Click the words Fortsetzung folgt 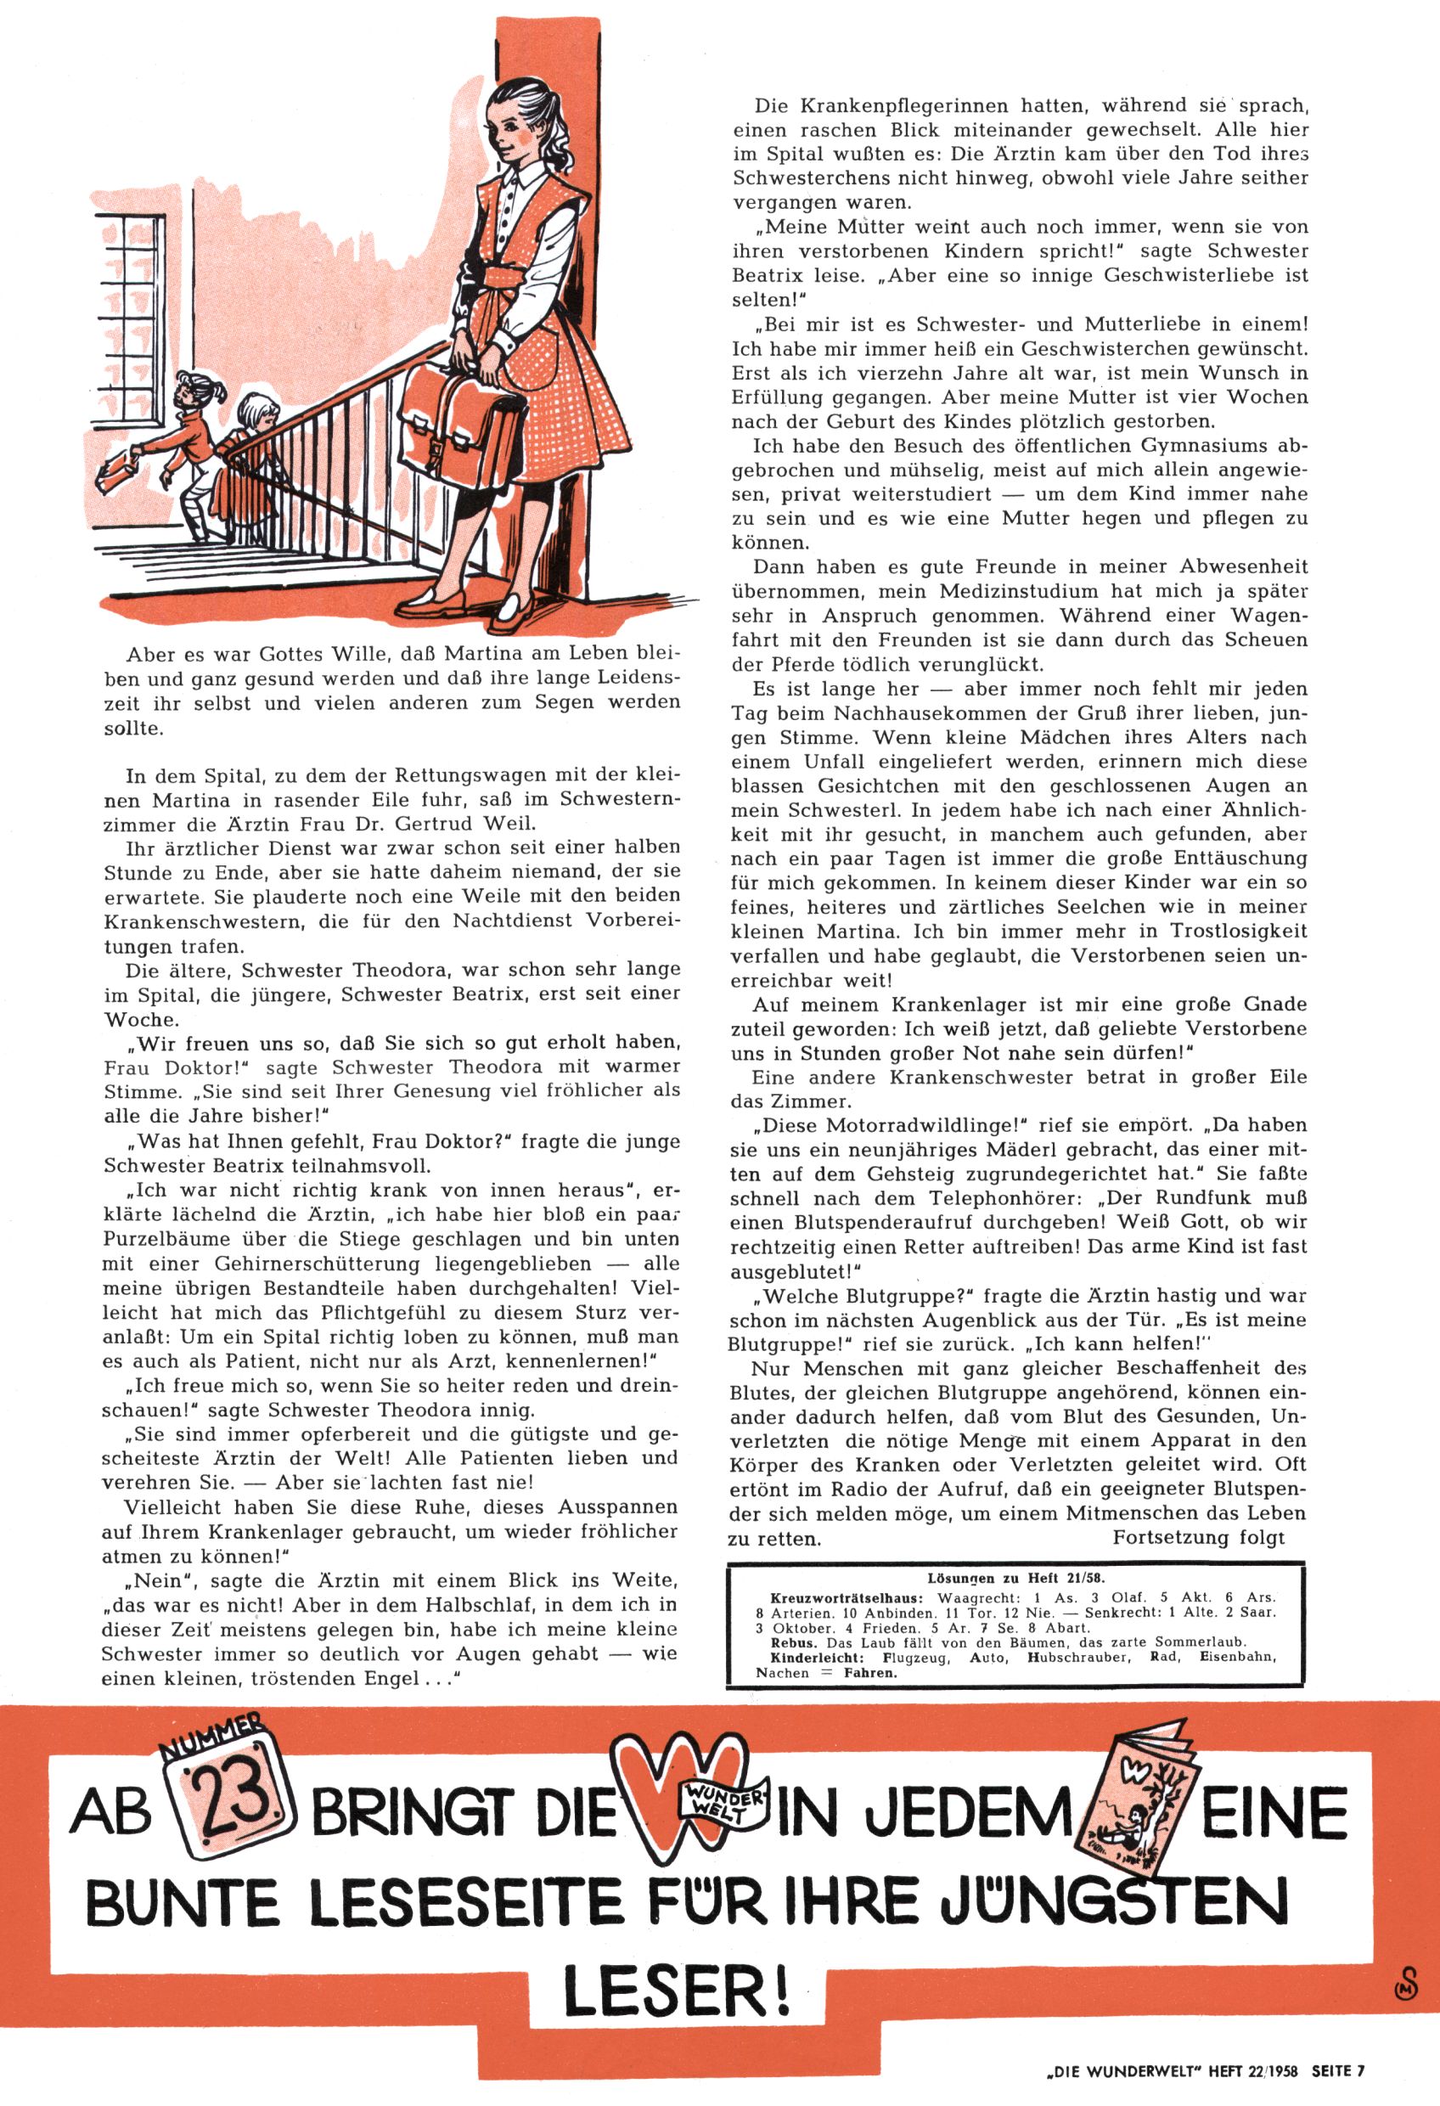click(1199, 1537)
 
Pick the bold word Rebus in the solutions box click(790, 1642)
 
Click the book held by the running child click(117, 470)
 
